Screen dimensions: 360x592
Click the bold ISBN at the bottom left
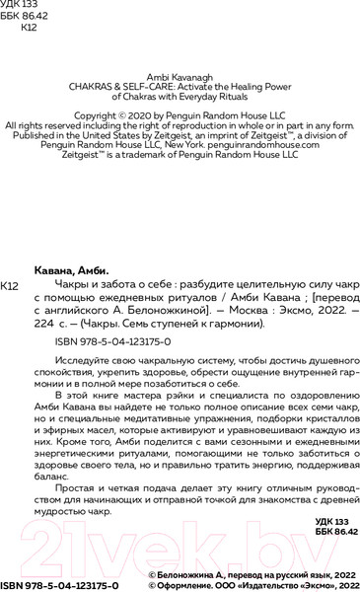[59, 585]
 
